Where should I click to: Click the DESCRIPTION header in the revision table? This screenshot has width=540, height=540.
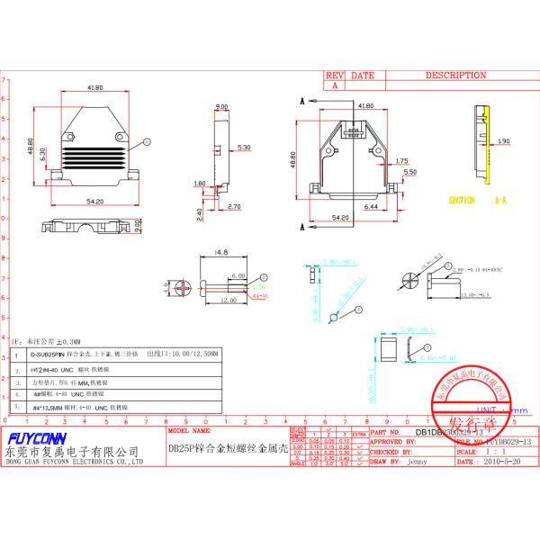tap(455, 76)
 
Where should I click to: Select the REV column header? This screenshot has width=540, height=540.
tap(334, 76)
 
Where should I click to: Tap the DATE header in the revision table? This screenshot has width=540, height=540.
tap(363, 76)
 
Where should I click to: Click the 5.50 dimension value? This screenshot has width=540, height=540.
tap(409, 171)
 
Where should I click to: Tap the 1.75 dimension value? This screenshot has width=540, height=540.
tap(402, 160)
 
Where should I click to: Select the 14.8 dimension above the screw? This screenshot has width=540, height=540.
tap(221, 253)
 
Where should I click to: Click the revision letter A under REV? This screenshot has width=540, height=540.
tap(334, 85)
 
